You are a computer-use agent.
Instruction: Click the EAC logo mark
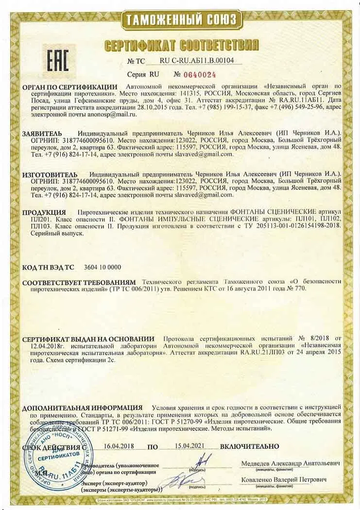(x=57, y=59)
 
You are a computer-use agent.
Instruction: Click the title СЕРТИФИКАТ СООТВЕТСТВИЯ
(x=181, y=46)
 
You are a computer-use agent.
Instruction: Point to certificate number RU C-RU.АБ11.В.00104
(x=197, y=61)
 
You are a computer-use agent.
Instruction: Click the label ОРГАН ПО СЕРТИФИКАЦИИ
(x=69, y=86)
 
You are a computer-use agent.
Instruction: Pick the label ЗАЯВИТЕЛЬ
(x=42, y=133)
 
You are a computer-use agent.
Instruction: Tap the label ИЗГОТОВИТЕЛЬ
(x=50, y=174)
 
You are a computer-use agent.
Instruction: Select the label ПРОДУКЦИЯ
(x=44, y=212)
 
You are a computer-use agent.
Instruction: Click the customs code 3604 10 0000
(x=103, y=267)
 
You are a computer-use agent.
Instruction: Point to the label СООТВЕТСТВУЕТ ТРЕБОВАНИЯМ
(x=79, y=281)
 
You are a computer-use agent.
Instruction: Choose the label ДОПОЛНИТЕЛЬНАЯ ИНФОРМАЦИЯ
(x=82, y=408)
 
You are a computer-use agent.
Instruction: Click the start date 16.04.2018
(x=119, y=446)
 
